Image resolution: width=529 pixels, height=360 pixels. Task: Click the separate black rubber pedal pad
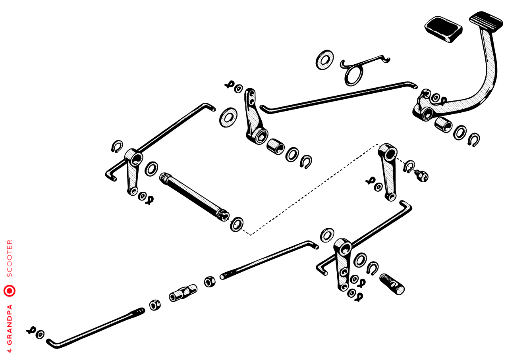point(443,29)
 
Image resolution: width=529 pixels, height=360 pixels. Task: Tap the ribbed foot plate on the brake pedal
point(486,20)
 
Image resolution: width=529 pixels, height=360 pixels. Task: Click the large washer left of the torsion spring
point(325,60)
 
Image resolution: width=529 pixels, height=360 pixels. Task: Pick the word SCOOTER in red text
point(10,258)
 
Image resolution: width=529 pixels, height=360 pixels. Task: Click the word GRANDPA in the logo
point(10,325)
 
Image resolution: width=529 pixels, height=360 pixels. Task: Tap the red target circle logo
point(10,291)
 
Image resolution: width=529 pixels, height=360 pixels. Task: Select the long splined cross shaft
point(194,197)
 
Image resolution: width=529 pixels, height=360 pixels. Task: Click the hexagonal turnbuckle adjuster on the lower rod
point(183,293)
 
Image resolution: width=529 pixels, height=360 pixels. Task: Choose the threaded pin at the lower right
point(392,284)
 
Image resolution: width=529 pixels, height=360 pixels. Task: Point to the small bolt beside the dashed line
point(421,175)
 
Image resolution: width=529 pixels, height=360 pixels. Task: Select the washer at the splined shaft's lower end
point(237,225)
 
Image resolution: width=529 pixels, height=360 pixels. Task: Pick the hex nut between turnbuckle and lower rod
point(155,305)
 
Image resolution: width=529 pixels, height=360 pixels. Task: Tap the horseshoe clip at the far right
point(474,140)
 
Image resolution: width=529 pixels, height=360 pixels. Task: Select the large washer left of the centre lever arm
point(228,117)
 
